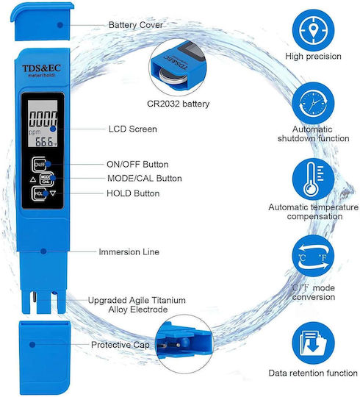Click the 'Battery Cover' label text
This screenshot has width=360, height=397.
click(x=136, y=25)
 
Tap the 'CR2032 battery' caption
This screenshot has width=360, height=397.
click(x=178, y=104)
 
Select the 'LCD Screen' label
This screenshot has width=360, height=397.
click(x=133, y=129)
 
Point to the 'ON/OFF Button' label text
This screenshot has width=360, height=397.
click(x=137, y=165)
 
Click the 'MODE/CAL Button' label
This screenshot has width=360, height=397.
click(x=145, y=178)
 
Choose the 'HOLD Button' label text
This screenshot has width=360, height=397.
click(x=133, y=193)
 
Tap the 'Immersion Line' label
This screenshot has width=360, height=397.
click(x=129, y=252)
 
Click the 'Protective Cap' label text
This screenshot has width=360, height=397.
click(x=120, y=345)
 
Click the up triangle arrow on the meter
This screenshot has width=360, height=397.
click(x=33, y=180)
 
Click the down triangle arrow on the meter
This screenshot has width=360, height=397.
click(x=53, y=193)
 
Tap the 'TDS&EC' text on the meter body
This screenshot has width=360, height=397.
click(x=41, y=68)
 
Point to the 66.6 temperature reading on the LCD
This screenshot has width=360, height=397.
click(x=44, y=142)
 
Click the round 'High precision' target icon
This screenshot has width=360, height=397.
click(x=313, y=30)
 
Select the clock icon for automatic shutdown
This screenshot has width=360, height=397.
click(x=313, y=104)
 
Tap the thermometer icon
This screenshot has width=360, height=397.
click(x=313, y=179)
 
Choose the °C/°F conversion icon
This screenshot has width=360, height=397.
click(x=313, y=256)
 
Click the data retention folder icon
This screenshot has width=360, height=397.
click(x=313, y=343)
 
